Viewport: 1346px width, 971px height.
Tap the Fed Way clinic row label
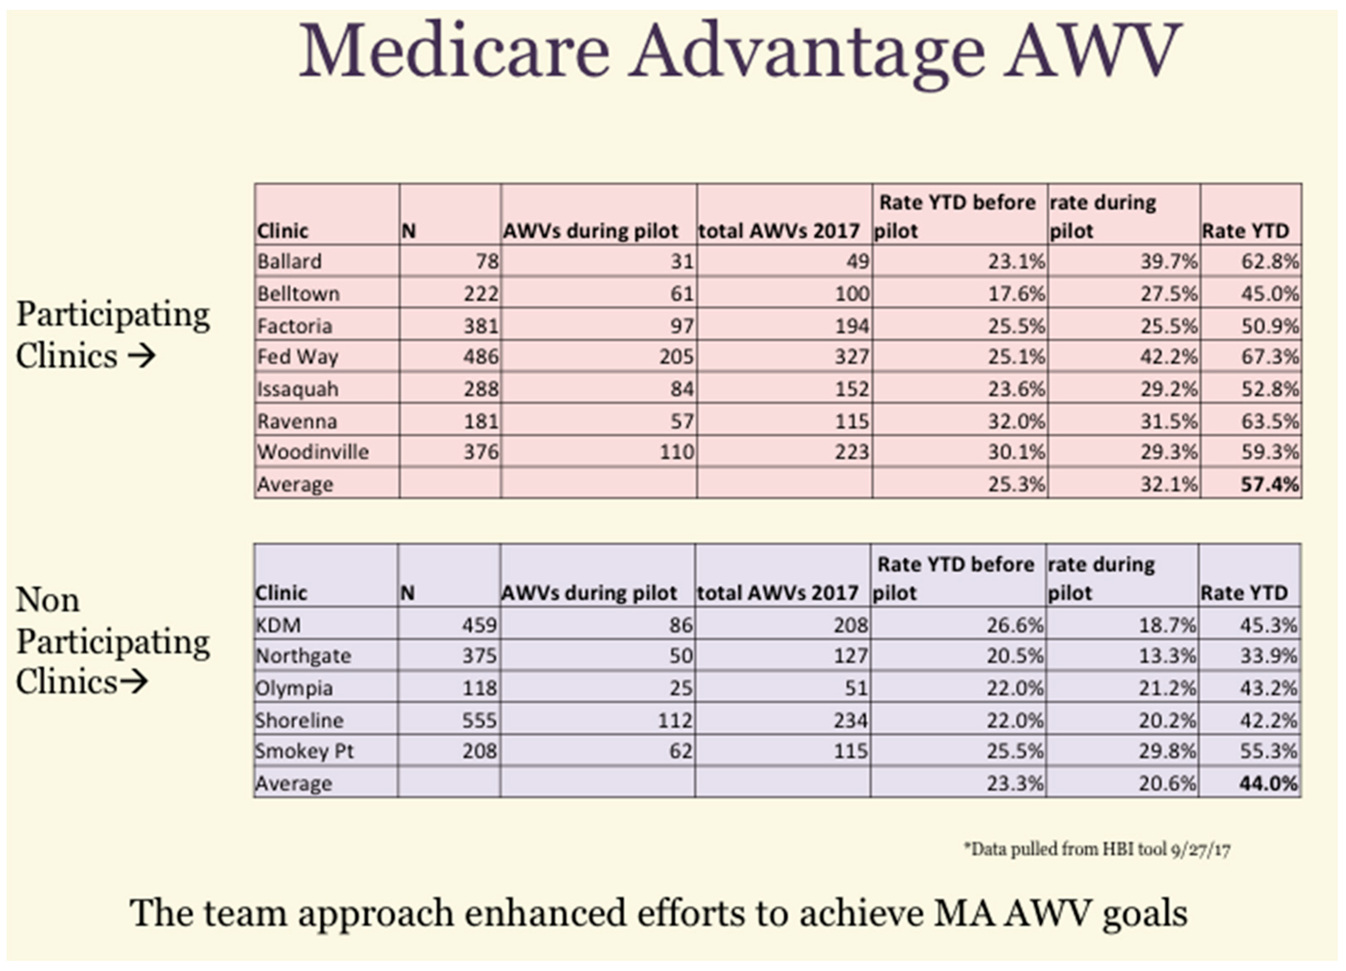click(x=297, y=357)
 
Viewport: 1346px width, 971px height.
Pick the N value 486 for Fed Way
click(x=481, y=357)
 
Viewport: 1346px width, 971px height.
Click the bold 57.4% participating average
click(x=1269, y=484)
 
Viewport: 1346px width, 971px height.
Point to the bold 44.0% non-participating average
click(x=1268, y=784)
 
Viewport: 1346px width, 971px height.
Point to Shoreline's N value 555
click(x=479, y=720)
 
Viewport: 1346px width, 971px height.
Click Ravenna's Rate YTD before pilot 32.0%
click(x=1015, y=422)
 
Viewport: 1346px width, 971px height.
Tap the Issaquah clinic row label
click(x=297, y=390)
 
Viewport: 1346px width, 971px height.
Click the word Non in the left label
click(x=47, y=600)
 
